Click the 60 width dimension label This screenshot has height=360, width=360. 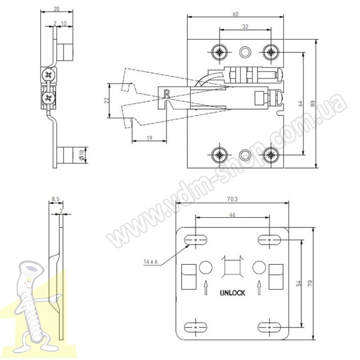point(236,14)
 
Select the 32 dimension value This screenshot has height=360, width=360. point(245,26)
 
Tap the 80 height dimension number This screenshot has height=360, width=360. point(313,104)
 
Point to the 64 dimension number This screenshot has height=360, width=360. point(301,104)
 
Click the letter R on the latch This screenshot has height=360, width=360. point(167,94)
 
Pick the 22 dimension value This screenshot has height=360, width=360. point(107,100)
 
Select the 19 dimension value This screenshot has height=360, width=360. point(149,138)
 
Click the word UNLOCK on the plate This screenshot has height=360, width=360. point(232,293)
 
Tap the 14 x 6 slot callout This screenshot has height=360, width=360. point(151,262)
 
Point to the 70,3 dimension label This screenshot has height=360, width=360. point(232,199)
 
